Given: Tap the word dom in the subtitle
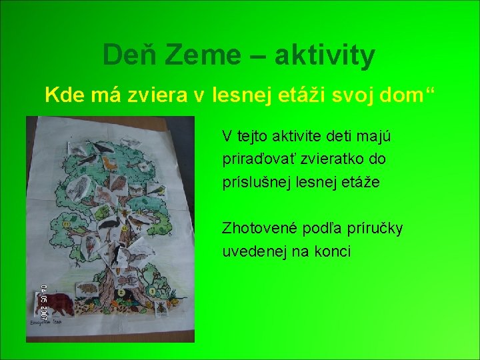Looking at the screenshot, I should point(400,95).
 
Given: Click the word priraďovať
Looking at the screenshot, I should point(256,160).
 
